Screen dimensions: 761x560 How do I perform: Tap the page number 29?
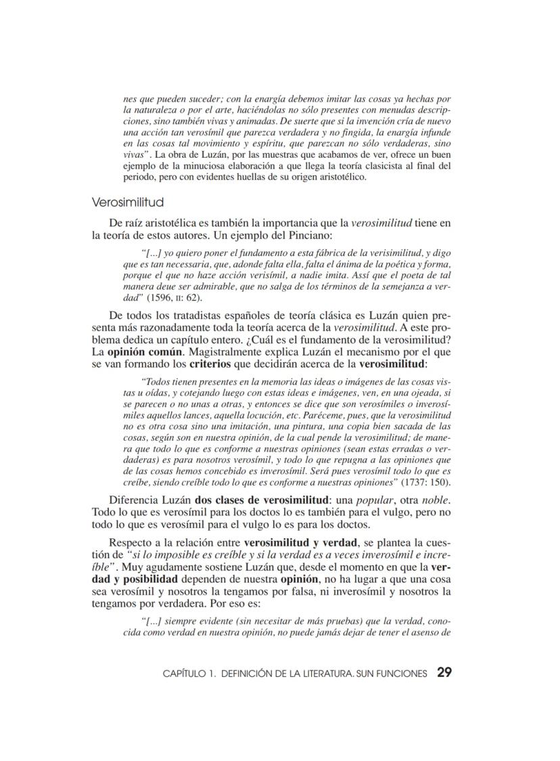click(444, 672)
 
